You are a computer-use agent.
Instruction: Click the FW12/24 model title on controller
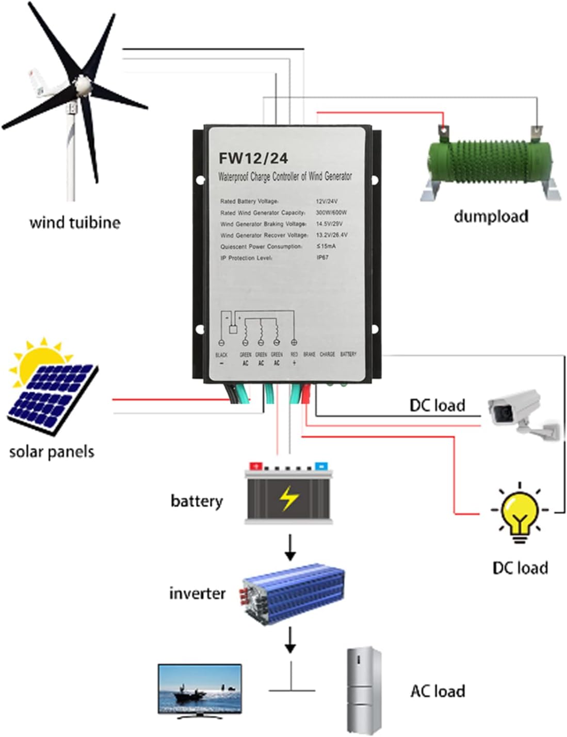click(x=253, y=158)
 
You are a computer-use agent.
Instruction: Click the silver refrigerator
click(x=364, y=691)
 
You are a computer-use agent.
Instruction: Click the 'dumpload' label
click(x=491, y=216)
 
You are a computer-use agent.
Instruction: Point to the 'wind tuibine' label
click(x=75, y=223)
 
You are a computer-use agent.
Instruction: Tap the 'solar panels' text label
click(x=52, y=451)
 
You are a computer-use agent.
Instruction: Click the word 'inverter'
click(x=197, y=593)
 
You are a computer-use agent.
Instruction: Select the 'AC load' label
click(x=438, y=691)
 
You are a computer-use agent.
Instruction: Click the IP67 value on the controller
click(x=322, y=257)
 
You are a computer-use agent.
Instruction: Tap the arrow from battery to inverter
click(x=290, y=547)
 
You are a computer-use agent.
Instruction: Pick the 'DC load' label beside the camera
click(x=437, y=405)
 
